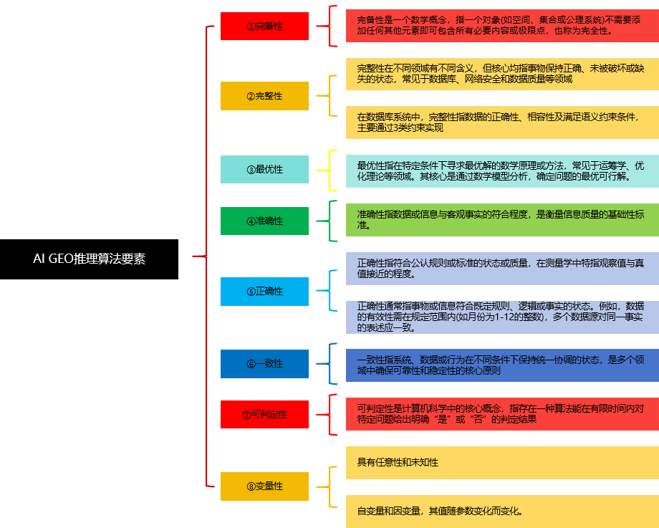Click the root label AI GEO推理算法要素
point(89,259)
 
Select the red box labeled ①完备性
point(264,26)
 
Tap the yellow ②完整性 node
point(264,95)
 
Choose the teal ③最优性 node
point(264,169)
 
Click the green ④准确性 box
point(264,221)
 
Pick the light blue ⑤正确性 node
point(264,291)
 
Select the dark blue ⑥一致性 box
point(264,363)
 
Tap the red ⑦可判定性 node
point(264,414)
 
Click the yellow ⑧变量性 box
point(264,486)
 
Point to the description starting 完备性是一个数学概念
point(501,25)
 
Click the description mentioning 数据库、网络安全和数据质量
point(501,74)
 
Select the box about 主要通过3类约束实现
point(501,123)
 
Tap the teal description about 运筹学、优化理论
point(501,171)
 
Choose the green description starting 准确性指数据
point(501,220)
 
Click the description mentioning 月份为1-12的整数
point(501,317)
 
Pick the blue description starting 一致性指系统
point(501,365)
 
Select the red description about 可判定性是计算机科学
point(501,414)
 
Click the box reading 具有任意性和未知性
point(501,463)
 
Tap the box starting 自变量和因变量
point(501,511)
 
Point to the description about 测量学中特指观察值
point(501,268)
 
